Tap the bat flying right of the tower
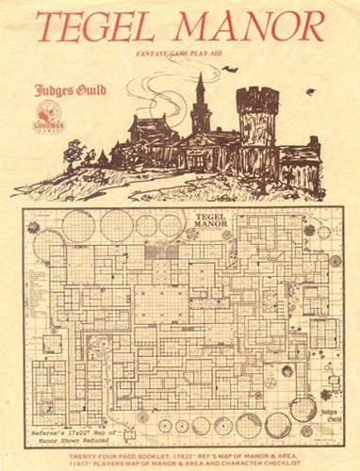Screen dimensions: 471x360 [311, 91]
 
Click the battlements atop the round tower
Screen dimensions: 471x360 [255, 96]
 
